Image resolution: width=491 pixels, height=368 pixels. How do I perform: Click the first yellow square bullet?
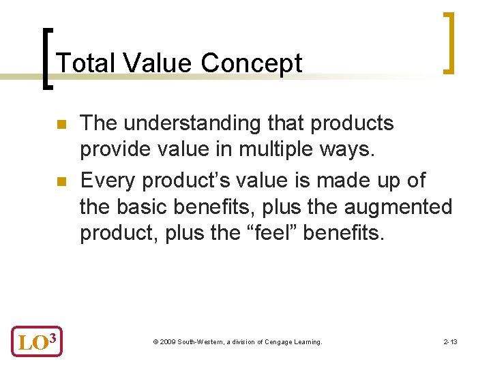pyautogui.click(x=60, y=125)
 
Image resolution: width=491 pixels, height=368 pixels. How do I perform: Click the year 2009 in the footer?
pyautogui.click(x=167, y=341)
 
